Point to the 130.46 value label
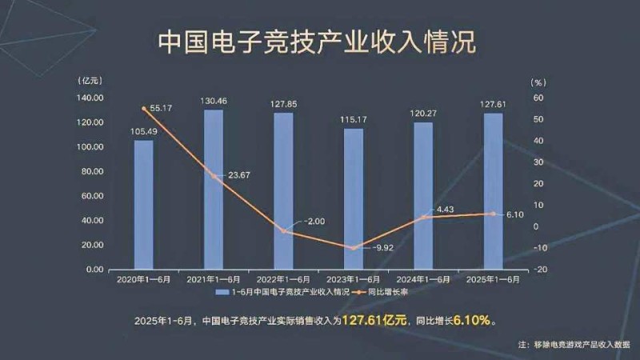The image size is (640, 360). tap(214, 102)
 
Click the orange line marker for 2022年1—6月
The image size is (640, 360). tap(283, 231)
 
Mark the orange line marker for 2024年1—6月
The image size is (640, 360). tap(423, 217)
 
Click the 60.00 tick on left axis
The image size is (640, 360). tap(94, 196)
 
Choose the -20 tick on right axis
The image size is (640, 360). tap(542, 270)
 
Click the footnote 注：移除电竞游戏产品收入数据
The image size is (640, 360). tap(568, 345)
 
